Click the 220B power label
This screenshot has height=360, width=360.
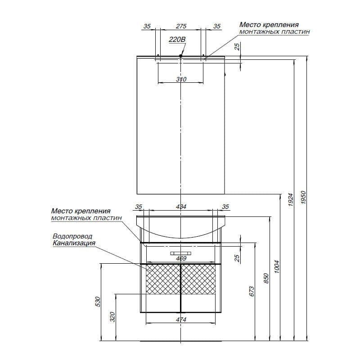pos(177,40)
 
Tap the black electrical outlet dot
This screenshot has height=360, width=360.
pos(181,56)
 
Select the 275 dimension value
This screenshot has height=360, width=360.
pos(181,26)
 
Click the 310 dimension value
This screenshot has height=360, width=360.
pos(181,79)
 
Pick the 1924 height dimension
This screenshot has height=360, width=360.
pos(291,200)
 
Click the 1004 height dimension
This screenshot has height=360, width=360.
pos(277,266)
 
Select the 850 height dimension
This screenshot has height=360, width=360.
pos(266,278)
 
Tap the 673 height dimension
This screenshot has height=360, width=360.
pos(252,291)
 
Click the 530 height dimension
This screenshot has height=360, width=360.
pos(98,302)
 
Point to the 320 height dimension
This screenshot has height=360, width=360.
pos(112,317)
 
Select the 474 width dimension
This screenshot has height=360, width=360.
pos(181,319)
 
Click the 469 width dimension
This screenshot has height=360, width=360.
pos(181,258)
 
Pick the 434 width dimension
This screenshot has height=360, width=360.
pos(181,207)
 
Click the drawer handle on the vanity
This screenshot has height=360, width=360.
pos(181,253)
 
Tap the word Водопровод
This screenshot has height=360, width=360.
pos(72,236)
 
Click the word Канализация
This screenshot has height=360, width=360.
pos(74,243)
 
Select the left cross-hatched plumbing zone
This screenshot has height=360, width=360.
pos(163,279)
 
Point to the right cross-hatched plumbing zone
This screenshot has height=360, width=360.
pos(198,279)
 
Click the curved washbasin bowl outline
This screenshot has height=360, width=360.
pos(181,237)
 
